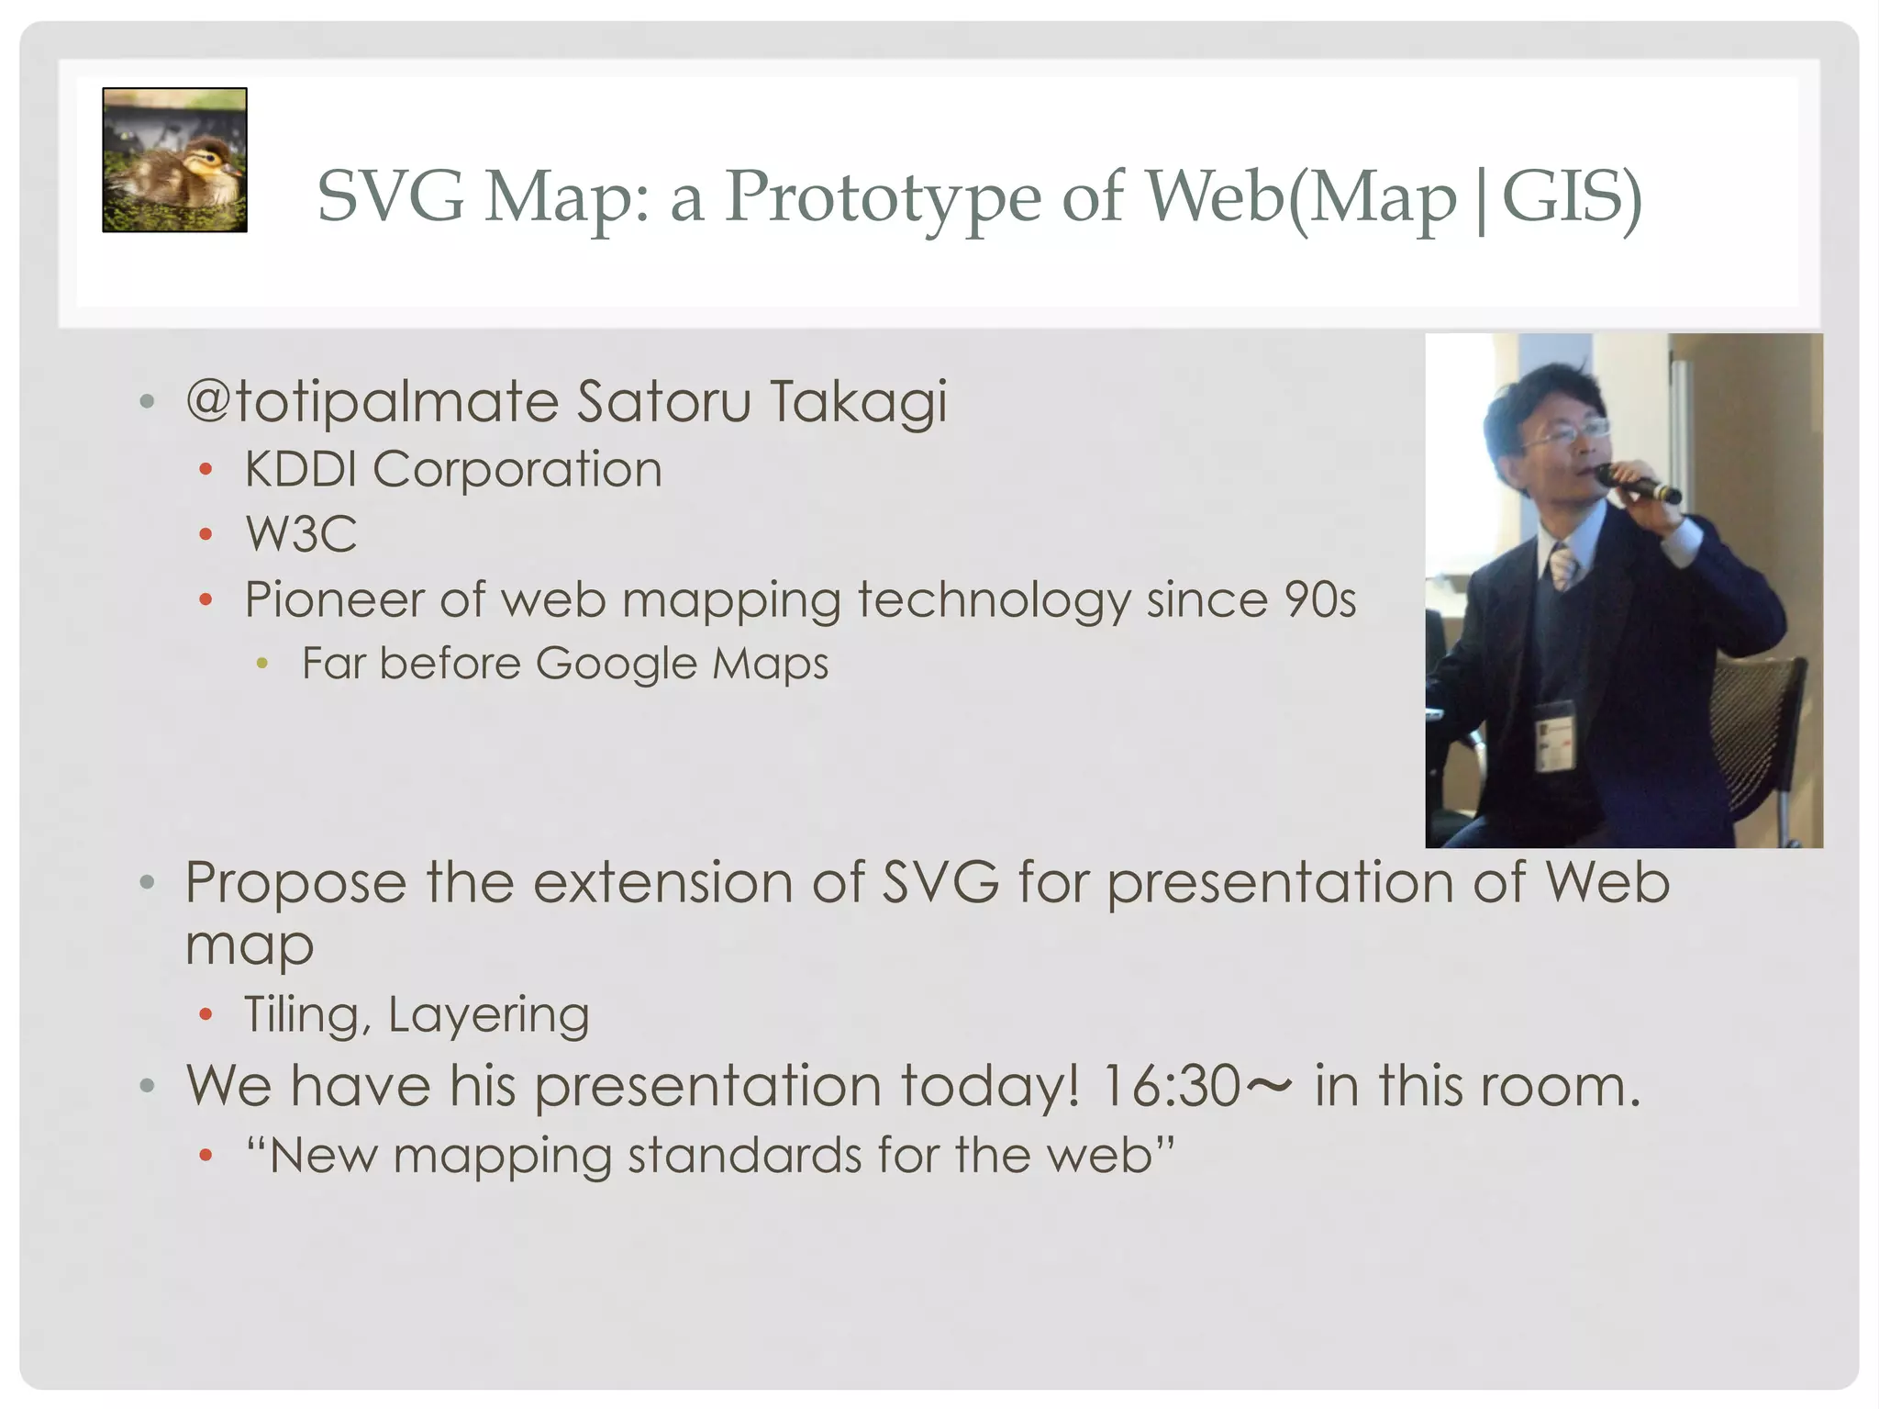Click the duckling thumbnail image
(174, 160)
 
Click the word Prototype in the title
(882, 196)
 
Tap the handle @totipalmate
(372, 402)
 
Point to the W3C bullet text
(301, 534)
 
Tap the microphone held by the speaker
(1639, 484)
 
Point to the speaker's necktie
(1562, 565)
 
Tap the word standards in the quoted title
(744, 1155)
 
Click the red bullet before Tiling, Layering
(206, 1015)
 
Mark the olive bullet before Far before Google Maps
(262, 664)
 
